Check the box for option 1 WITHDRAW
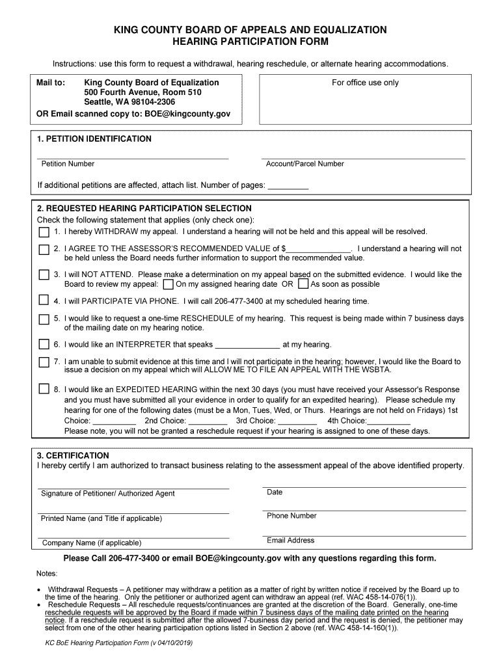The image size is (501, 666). [44, 232]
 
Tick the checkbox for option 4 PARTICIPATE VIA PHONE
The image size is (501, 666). [44, 300]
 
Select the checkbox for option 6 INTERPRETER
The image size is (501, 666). [44, 344]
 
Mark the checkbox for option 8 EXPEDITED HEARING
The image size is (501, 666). [44, 389]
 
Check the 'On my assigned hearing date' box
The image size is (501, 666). [168, 284]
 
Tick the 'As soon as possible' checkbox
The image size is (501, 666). [303, 284]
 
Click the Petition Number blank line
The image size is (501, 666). [133, 156]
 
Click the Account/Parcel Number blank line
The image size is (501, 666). [363, 156]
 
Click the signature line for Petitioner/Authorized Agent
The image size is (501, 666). [133, 486]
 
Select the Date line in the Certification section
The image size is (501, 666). [364, 485]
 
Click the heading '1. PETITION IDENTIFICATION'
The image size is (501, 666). [94, 139]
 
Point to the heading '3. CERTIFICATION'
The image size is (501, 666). [73, 455]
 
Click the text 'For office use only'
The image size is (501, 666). [365, 83]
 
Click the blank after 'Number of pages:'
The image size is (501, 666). [288, 185]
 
